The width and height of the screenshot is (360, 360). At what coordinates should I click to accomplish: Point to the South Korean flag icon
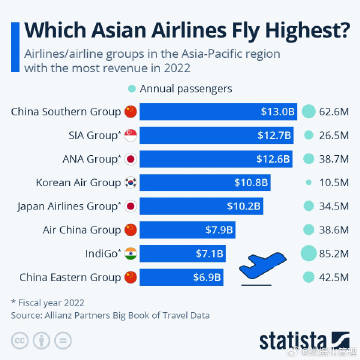pos(130,183)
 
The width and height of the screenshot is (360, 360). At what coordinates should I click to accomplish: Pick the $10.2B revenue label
pos(246,207)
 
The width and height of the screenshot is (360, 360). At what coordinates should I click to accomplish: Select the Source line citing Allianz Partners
pos(110,314)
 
